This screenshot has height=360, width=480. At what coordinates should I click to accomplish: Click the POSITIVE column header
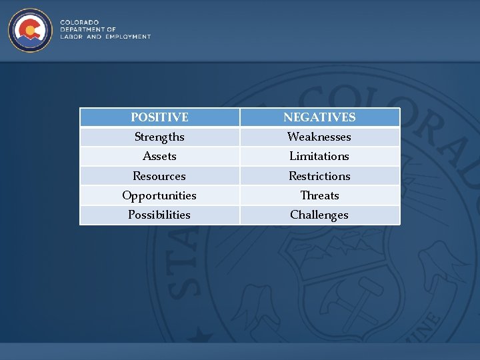(x=159, y=117)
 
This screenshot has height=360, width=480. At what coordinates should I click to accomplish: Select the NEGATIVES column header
(x=319, y=117)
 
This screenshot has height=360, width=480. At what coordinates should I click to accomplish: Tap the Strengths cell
(x=159, y=137)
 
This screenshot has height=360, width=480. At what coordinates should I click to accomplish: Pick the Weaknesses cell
(x=319, y=137)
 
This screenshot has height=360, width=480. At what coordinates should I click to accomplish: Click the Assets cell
(x=159, y=156)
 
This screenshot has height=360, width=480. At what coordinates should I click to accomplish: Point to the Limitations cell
(x=319, y=156)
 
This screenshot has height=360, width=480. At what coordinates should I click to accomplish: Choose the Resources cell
(x=159, y=176)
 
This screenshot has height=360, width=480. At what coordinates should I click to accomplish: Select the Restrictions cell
(x=319, y=176)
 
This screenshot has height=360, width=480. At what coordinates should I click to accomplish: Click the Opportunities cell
(x=159, y=195)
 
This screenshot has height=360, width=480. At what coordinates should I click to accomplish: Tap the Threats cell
(x=319, y=195)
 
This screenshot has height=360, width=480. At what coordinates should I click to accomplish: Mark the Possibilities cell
(x=159, y=215)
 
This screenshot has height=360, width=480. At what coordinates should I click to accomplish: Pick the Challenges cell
(x=319, y=215)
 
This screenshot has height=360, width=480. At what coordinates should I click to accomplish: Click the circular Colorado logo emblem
(x=31, y=30)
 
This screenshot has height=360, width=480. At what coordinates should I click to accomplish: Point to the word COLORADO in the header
(x=79, y=23)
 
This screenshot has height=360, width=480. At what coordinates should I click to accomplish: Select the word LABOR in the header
(x=71, y=37)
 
